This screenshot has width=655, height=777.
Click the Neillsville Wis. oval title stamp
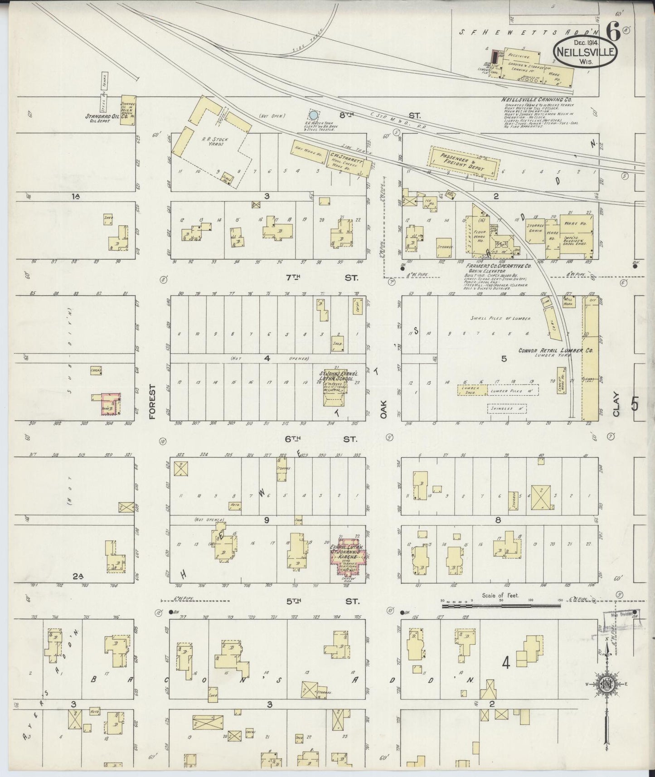tap(585, 52)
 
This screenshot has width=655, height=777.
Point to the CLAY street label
tap(616, 403)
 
